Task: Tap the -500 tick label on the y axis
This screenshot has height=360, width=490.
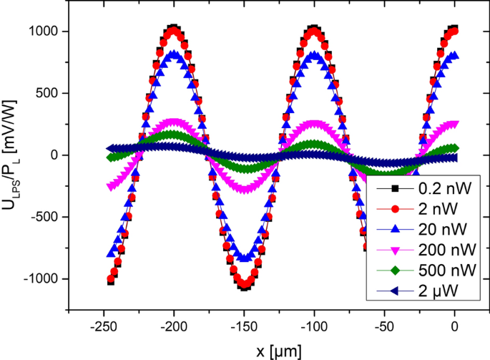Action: pos(44,217)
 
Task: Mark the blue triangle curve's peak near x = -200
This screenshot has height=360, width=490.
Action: pos(174,54)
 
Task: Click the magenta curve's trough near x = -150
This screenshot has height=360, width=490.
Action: pos(244,189)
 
